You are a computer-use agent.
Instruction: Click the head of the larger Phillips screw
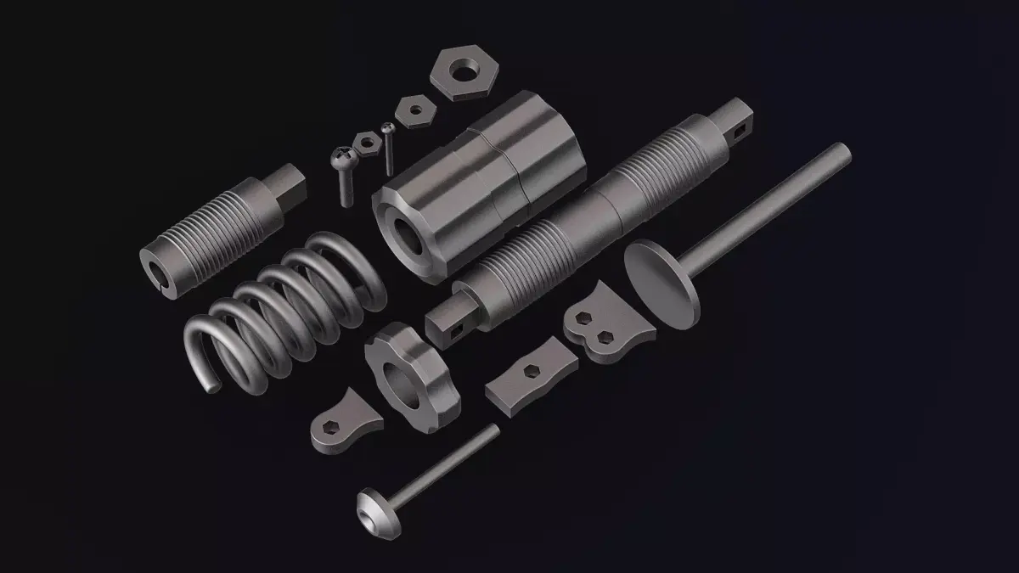click(x=344, y=156)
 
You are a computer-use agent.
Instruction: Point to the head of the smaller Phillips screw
click(x=387, y=129)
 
